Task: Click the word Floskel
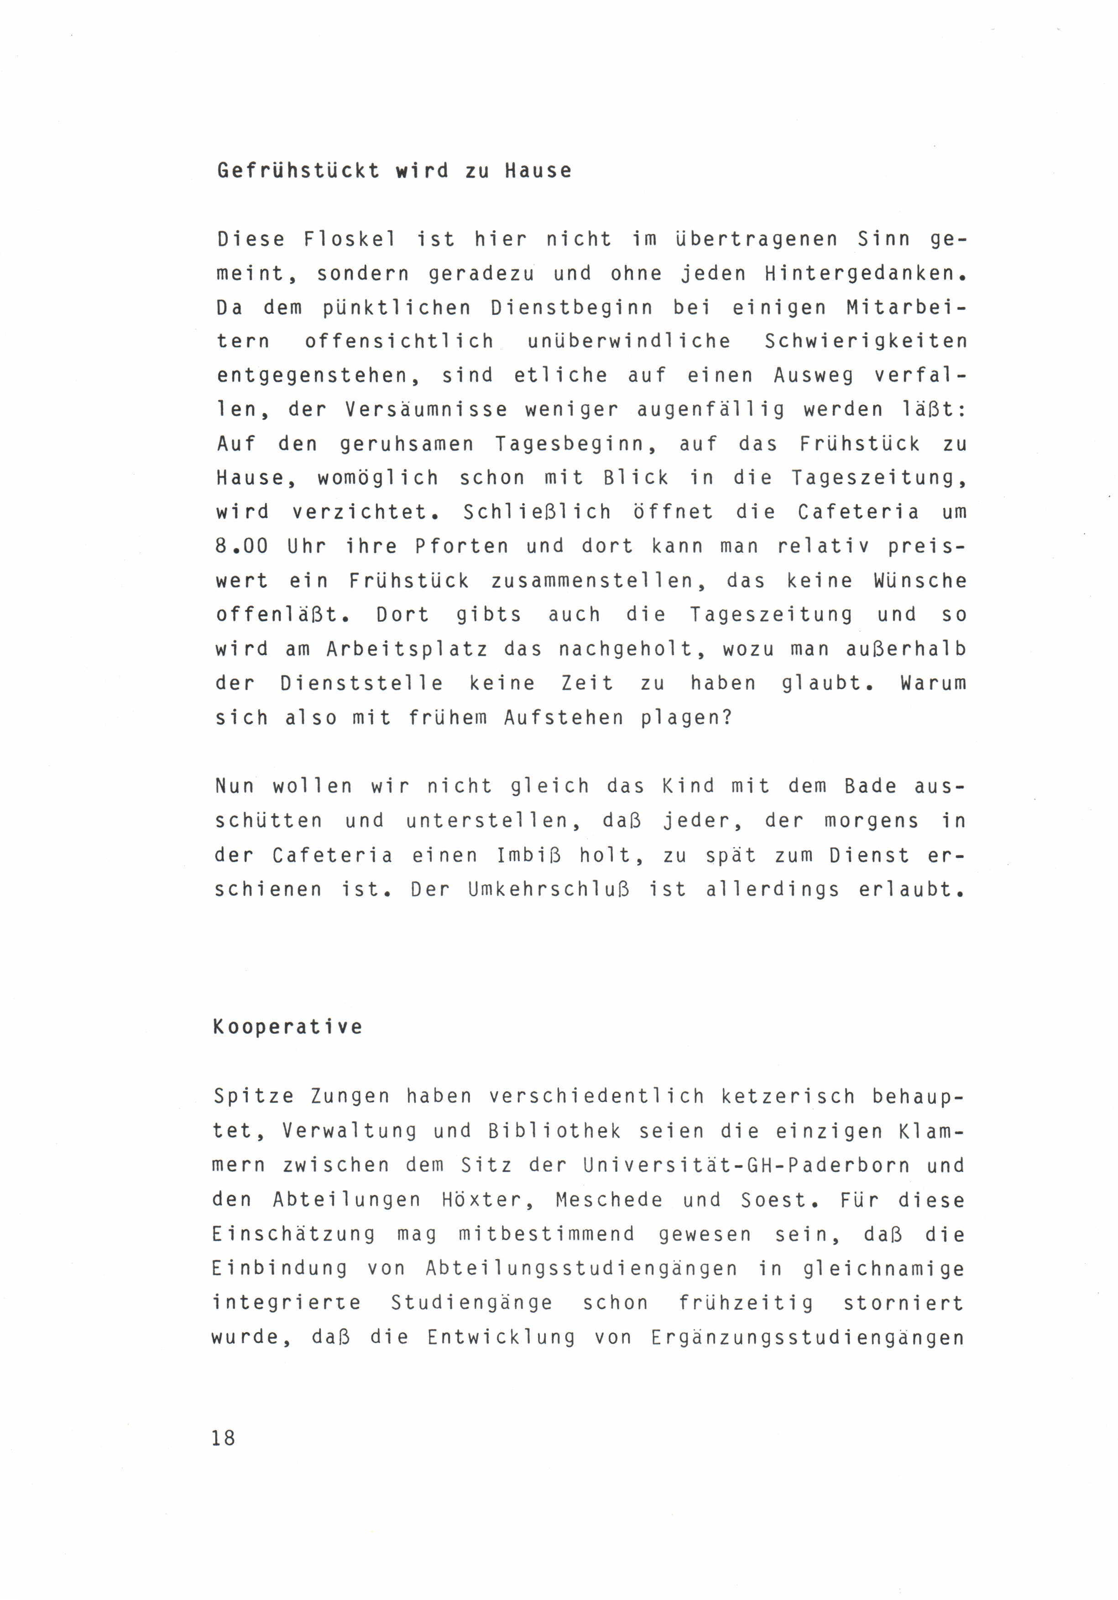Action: [x=350, y=239]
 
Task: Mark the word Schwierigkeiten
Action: [x=866, y=341]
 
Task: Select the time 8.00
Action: [x=241, y=546]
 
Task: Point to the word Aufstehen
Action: [x=563, y=718]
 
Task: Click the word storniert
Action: [x=904, y=1302]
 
